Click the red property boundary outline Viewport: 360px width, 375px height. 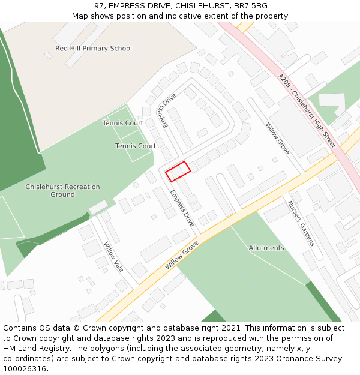pyautogui.click(x=178, y=171)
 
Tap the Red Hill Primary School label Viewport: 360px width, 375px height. pyautogui.click(x=94, y=49)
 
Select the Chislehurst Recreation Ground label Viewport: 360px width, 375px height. pyautogui.click(x=62, y=191)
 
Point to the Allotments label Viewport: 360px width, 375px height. pyautogui.click(x=266, y=248)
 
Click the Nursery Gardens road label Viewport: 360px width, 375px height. pyautogui.click(x=301, y=223)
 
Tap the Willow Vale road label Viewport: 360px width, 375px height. pyautogui.click(x=113, y=257)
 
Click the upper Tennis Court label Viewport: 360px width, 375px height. pyautogui.click(x=122, y=123)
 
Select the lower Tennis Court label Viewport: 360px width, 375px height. pyautogui.click(x=136, y=146)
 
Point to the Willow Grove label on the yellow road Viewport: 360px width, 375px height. pyautogui.click(x=182, y=254)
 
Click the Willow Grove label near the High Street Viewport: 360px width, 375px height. pyautogui.click(x=278, y=139)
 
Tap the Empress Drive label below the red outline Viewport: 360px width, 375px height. pyautogui.click(x=182, y=208)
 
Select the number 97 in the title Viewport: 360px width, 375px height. pyautogui.click(x=100, y=6)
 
